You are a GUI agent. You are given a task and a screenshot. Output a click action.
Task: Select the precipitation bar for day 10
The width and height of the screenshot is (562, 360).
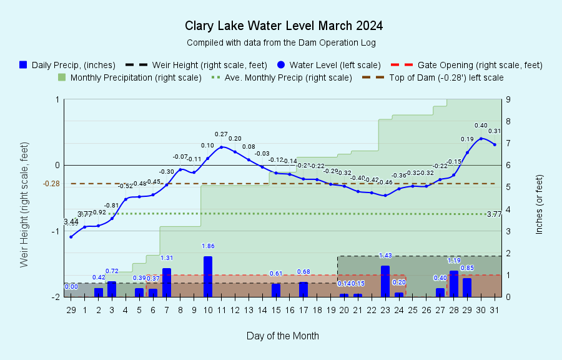(x=207, y=276)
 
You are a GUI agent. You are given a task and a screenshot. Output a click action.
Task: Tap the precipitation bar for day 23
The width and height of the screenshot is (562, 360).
(x=385, y=281)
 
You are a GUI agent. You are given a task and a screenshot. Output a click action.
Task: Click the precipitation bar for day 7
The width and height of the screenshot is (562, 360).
(x=167, y=282)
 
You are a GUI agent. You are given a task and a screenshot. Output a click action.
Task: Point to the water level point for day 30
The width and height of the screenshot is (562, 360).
(x=481, y=138)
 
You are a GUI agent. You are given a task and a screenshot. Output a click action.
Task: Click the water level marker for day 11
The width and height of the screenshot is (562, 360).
(x=221, y=147)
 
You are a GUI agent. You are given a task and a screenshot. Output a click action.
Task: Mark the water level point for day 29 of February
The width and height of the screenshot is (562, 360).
(x=71, y=237)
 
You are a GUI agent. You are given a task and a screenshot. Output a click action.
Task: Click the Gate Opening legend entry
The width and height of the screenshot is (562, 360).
(x=466, y=65)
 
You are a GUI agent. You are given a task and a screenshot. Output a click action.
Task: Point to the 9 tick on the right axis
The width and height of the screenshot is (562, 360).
(x=509, y=99)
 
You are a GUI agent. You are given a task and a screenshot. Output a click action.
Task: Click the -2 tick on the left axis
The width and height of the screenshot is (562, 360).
(x=56, y=297)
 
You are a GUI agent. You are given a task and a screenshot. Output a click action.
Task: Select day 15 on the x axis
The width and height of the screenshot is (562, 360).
(x=276, y=310)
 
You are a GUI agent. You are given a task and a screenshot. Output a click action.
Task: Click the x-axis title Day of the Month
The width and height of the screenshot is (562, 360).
(x=282, y=336)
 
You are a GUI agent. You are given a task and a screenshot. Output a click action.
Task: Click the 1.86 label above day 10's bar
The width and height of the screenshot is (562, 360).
(x=208, y=246)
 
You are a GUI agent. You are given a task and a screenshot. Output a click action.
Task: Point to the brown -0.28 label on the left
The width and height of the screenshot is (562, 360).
(x=51, y=184)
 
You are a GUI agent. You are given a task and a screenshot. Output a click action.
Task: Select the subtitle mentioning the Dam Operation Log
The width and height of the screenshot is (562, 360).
(x=281, y=42)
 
